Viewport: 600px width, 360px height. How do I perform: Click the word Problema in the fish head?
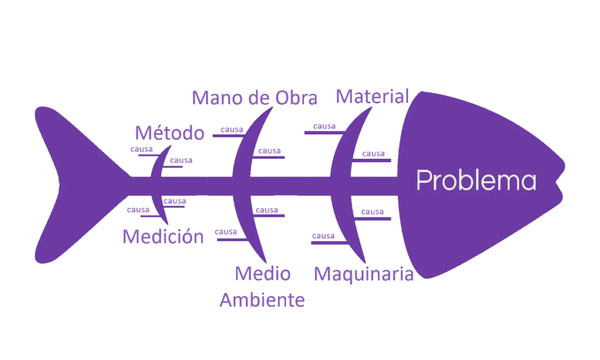[x=476, y=181]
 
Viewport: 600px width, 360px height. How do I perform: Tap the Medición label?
[x=164, y=236]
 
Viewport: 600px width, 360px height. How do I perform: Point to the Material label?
[x=370, y=97]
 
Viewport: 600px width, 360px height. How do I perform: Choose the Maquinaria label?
[x=364, y=274]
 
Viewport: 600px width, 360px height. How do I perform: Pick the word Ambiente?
[x=262, y=301]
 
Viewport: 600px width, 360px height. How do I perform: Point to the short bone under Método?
[x=158, y=164]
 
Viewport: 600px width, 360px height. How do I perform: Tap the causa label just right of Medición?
[x=227, y=233]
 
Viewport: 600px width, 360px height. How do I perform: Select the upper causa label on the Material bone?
[x=324, y=127]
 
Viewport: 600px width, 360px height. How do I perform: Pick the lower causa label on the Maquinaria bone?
[x=323, y=236]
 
